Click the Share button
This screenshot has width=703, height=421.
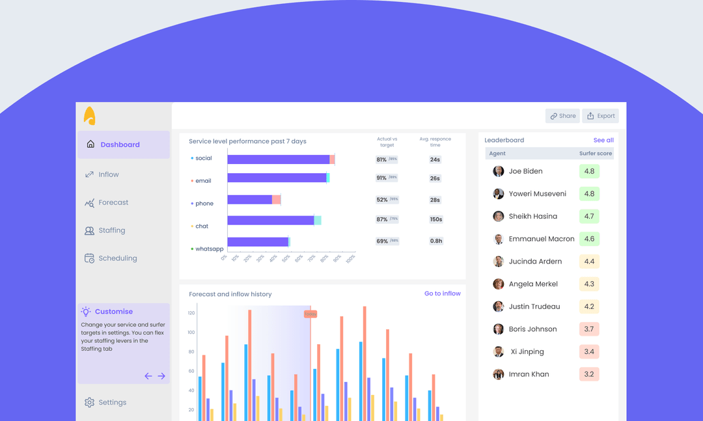tap(562, 116)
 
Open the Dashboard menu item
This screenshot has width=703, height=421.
tap(120, 144)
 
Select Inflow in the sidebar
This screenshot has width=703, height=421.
tap(108, 174)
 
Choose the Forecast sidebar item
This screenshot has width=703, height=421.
tap(113, 202)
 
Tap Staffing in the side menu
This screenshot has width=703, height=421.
tap(111, 230)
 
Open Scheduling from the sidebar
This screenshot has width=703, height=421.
tap(117, 258)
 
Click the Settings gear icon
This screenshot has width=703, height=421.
tap(90, 402)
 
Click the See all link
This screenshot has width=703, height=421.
tap(603, 140)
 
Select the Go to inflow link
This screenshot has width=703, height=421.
tap(442, 293)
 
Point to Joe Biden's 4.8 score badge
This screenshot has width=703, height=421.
tap(589, 171)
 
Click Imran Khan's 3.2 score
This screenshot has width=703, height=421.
tap(589, 374)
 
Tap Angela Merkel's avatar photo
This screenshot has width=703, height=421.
tap(499, 284)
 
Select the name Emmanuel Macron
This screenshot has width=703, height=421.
tap(542, 239)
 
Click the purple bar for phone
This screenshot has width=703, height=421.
tap(250, 200)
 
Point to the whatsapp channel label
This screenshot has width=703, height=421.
tap(209, 249)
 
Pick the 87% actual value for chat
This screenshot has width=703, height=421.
tap(382, 220)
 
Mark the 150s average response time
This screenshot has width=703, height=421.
tap(435, 220)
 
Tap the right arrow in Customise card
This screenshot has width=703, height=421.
tap(161, 376)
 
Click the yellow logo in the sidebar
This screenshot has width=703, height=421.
tap(90, 116)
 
